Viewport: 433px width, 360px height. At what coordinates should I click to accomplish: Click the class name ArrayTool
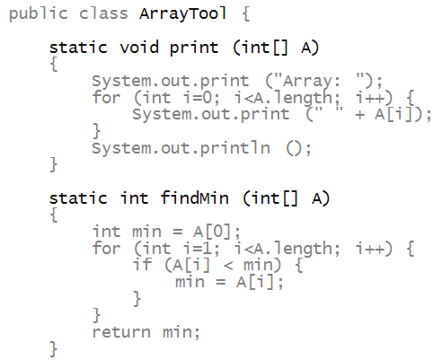point(182,13)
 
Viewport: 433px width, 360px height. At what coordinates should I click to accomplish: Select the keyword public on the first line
point(39,14)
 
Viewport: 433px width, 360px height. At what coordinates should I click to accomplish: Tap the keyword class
point(103,13)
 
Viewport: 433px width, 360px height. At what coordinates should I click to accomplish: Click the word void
point(139,48)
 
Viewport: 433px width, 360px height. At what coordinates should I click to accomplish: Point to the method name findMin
point(195,198)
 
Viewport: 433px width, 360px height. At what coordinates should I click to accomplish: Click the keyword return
point(121,332)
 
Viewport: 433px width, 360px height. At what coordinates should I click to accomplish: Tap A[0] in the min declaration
point(213,232)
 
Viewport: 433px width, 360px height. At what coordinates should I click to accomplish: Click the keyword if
point(142,265)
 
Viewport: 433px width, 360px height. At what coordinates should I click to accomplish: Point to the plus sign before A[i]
point(359,115)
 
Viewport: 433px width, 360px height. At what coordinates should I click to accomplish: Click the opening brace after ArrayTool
point(246,14)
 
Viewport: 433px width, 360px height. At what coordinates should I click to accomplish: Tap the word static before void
point(78,48)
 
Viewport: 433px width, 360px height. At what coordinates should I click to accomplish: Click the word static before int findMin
point(78,198)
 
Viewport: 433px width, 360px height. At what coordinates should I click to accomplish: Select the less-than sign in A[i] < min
point(228,266)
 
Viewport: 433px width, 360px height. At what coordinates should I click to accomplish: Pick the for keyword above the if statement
point(106,249)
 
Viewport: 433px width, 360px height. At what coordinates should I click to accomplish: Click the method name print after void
point(194,48)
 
